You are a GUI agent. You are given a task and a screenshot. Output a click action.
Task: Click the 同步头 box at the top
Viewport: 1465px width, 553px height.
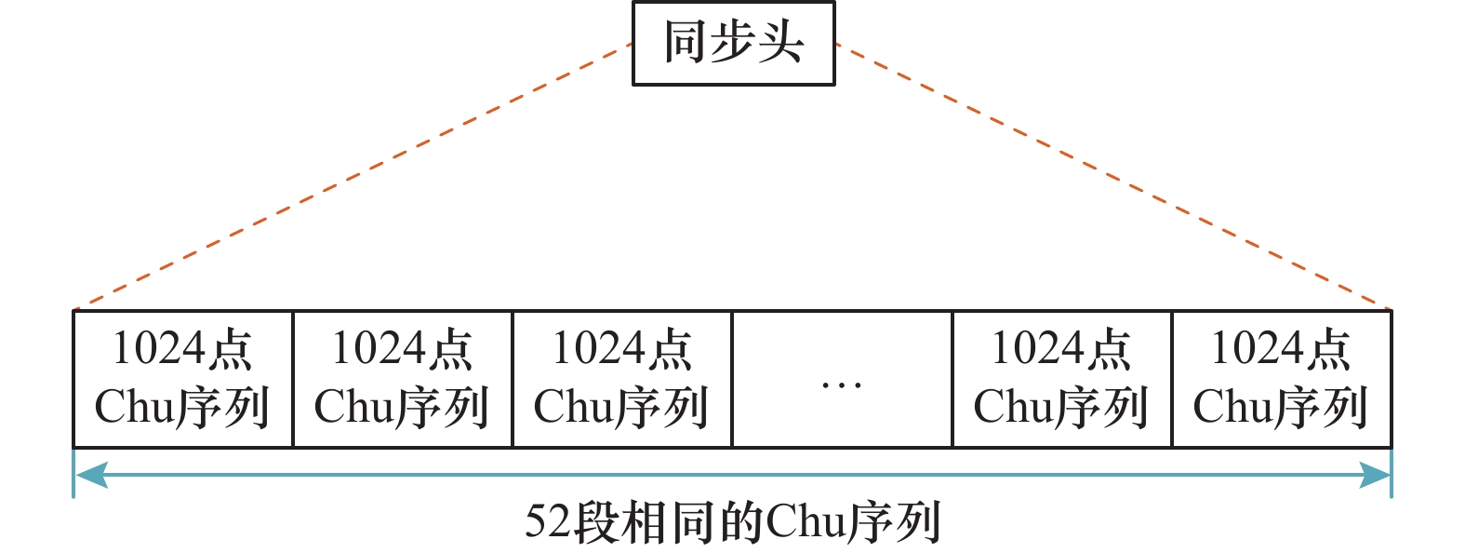tap(733, 44)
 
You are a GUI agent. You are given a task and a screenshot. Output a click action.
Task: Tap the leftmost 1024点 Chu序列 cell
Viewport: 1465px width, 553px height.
tap(182, 379)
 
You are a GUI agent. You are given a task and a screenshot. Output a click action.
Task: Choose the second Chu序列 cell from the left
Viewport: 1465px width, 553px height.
tap(402, 379)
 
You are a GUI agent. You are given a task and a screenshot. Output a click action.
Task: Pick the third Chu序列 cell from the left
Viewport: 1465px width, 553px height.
tap(621, 379)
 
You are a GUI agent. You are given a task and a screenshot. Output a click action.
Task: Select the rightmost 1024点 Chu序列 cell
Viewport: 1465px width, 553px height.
tap(1281, 379)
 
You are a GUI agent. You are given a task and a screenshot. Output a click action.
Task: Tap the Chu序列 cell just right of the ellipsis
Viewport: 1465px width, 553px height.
tap(1061, 379)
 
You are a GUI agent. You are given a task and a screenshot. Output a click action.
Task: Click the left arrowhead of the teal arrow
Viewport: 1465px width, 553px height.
tap(89, 476)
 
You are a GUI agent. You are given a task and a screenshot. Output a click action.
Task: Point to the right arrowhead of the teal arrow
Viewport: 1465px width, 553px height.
tap(1376, 476)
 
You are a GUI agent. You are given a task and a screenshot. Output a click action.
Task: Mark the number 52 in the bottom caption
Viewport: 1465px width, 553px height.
tap(548, 521)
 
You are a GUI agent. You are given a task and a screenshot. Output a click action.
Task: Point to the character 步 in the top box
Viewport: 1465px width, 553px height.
tap(733, 44)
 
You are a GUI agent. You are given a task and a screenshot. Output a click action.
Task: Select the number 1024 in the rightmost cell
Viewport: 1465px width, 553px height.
tap(1257, 349)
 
